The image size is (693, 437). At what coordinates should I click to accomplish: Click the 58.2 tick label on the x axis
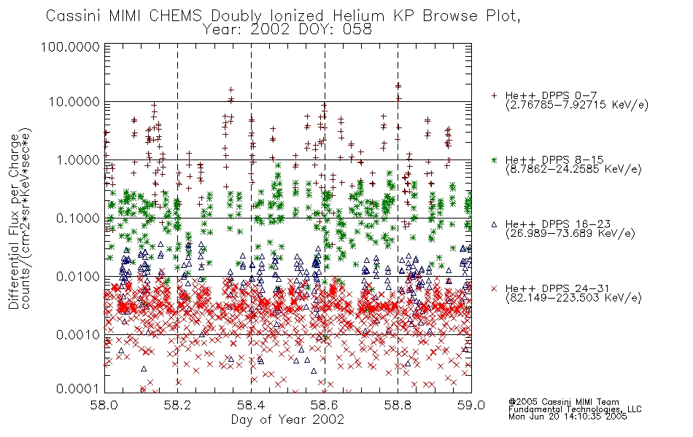[177, 405]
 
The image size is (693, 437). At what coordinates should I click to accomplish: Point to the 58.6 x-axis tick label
[325, 405]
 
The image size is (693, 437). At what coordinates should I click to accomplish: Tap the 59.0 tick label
[471, 405]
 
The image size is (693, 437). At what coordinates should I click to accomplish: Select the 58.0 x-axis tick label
[104, 405]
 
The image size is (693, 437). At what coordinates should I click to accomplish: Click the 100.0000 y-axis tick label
[70, 47]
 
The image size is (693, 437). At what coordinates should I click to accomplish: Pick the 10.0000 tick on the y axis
[74, 102]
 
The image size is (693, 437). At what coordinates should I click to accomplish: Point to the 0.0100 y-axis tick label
[78, 277]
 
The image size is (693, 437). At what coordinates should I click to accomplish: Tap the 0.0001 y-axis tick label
[78, 388]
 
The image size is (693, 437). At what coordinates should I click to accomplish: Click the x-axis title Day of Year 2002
[287, 420]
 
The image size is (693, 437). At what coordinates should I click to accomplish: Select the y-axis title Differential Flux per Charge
[14, 221]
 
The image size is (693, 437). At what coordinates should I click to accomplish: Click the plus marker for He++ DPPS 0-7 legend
[494, 95]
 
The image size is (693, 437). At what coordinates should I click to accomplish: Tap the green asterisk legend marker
[494, 160]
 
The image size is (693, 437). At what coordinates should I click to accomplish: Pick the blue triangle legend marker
[494, 224]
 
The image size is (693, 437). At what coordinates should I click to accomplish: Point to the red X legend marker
[494, 288]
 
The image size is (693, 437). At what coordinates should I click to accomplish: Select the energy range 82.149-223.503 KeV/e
[573, 298]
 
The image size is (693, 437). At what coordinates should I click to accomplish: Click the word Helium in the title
[358, 16]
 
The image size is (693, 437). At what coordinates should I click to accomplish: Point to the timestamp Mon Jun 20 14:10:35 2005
[568, 417]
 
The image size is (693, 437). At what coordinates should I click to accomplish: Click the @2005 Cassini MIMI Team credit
[563, 402]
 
